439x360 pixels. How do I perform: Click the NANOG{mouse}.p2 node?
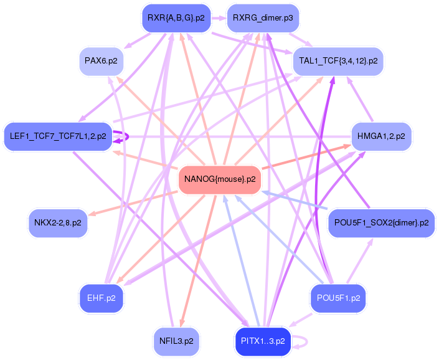pyautogui.click(x=220, y=180)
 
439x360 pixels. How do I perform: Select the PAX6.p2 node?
pyautogui.click(x=101, y=61)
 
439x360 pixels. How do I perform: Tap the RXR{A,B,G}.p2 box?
pyautogui.click(x=176, y=18)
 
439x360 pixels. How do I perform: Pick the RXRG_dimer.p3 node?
pyautogui.click(x=263, y=18)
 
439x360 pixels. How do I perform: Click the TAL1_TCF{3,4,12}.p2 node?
pyautogui.click(x=338, y=61)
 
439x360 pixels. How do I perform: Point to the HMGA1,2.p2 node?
pyautogui.click(x=381, y=136)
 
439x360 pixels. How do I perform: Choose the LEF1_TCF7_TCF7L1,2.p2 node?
pyautogui.click(x=58, y=136)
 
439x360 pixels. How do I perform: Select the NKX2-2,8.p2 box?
pyautogui.click(x=58, y=223)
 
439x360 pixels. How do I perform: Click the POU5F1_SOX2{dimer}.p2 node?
pyautogui.click(x=381, y=223)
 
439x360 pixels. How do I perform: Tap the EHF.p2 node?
pyautogui.click(x=101, y=298)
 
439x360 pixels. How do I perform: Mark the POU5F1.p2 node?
pyautogui.click(x=338, y=298)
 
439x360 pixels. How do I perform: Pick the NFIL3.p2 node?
pyautogui.click(x=176, y=341)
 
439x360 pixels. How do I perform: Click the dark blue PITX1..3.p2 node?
pyautogui.click(x=263, y=341)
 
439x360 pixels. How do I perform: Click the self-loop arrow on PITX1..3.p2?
pyautogui.click(x=307, y=341)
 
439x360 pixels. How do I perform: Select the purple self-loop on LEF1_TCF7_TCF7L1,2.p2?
pyautogui.click(x=128, y=136)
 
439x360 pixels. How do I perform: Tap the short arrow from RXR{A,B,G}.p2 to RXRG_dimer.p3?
pyautogui.click(x=219, y=18)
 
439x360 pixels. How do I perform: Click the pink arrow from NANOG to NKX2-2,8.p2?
pyautogui.click(x=133, y=204)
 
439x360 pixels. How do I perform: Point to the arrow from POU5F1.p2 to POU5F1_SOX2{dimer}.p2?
pyautogui.click(x=360, y=261)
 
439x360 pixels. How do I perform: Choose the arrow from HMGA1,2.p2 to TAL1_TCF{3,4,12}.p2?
pyautogui.click(x=360, y=99)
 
